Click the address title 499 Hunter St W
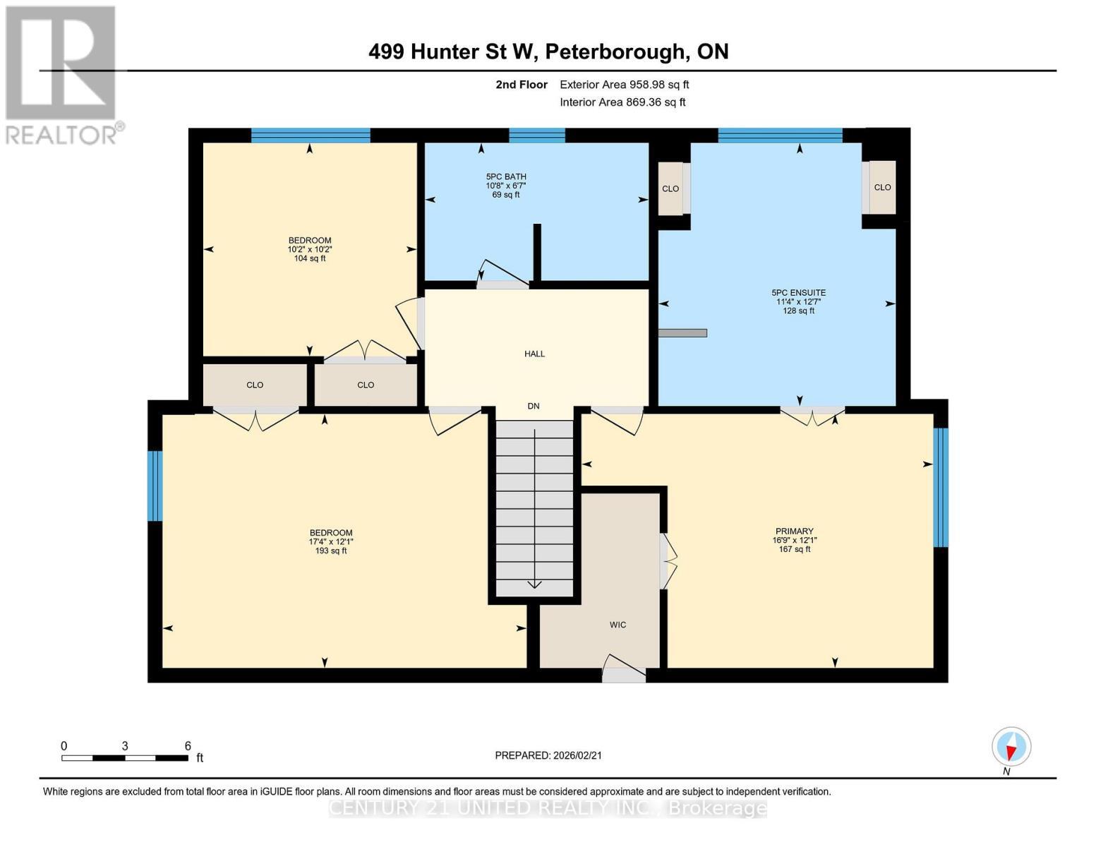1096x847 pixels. [548, 52]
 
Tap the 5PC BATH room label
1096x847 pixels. [506, 186]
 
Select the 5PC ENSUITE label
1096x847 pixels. [798, 301]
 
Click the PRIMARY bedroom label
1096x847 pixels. [794, 540]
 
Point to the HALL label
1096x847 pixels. [534, 354]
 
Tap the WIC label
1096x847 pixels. [618, 625]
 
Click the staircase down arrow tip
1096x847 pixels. [534, 586]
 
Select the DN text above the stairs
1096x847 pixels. [534, 406]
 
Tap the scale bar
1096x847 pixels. [125, 758]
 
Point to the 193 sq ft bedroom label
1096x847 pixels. [330, 542]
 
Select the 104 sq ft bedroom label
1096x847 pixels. [309, 249]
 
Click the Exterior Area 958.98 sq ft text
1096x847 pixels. [624, 85]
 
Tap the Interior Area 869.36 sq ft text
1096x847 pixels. [622, 102]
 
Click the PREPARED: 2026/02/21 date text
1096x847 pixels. [548, 755]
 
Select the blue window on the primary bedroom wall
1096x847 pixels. [940, 487]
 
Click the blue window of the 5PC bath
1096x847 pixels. [537, 136]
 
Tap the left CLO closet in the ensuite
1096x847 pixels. [670, 188]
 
